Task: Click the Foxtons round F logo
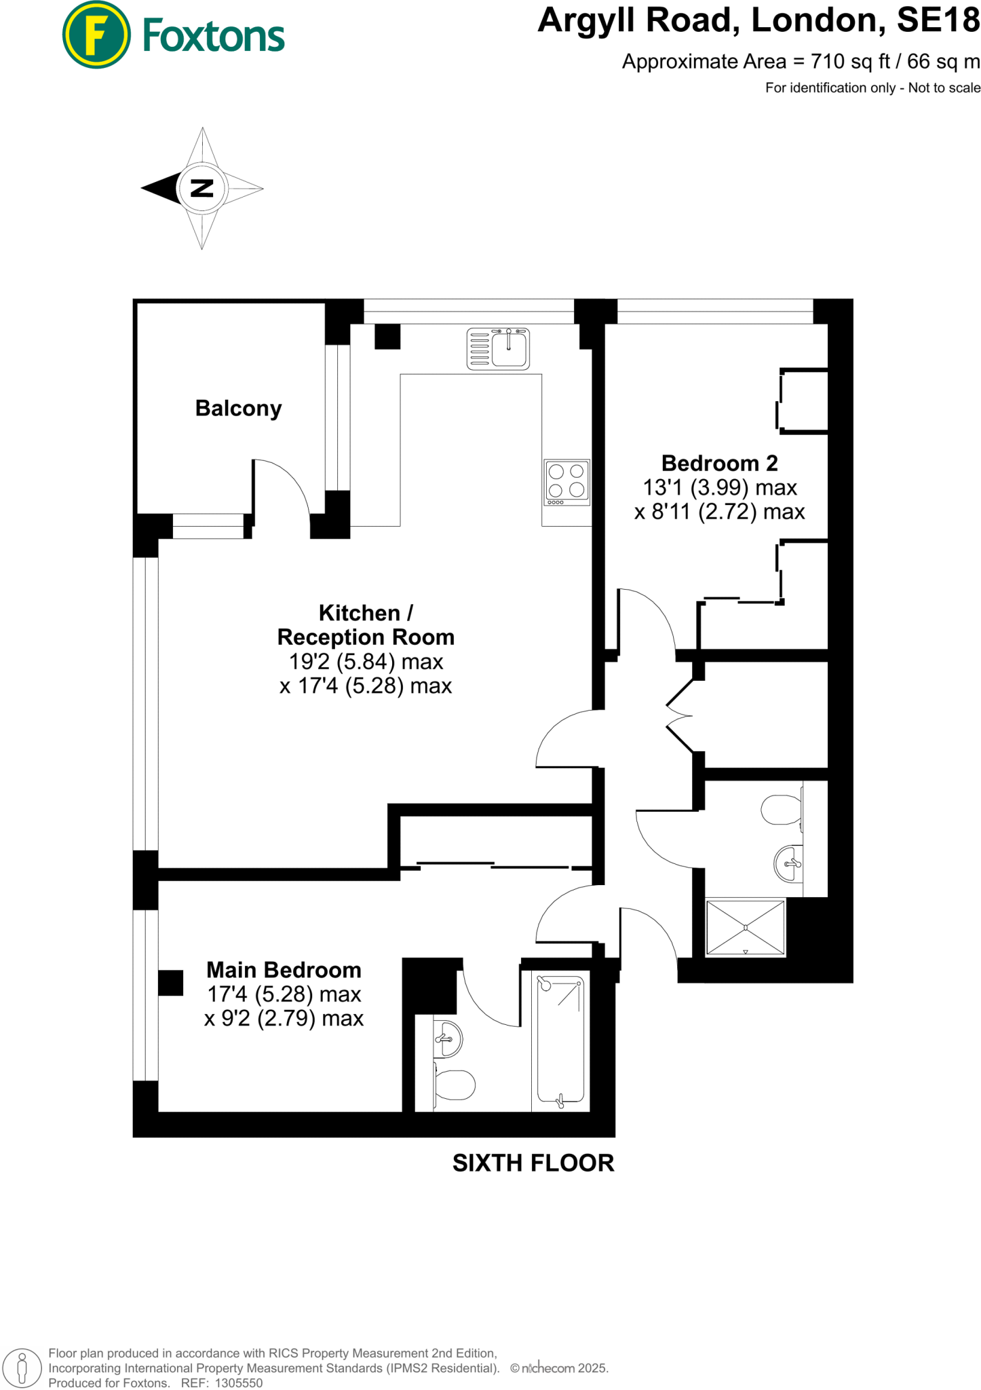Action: [x=96, y=35]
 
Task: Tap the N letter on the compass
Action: [x=201, y=188]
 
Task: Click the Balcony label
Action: [x=238, y=408]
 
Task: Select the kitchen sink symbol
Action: [x=498, y=349]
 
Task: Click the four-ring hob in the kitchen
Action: [x=566, y=482]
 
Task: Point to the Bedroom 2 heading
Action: [x=719, y=463]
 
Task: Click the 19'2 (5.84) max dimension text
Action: [x=366, y=661]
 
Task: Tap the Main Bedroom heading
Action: [x=284, y=969]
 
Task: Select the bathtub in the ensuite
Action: [x=560, y=1039]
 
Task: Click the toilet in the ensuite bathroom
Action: [x=454, y=1084]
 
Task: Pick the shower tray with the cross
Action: [x=745, y=927]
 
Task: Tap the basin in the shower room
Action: [x=788, y=863]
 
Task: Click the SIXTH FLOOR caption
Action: [x=533, y=1163]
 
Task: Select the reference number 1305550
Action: [x=238, y=1383]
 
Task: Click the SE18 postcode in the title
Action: [x=938, y=20]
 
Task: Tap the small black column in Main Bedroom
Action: [x=170, y=983]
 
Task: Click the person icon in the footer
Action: [x=22, y=1367]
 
